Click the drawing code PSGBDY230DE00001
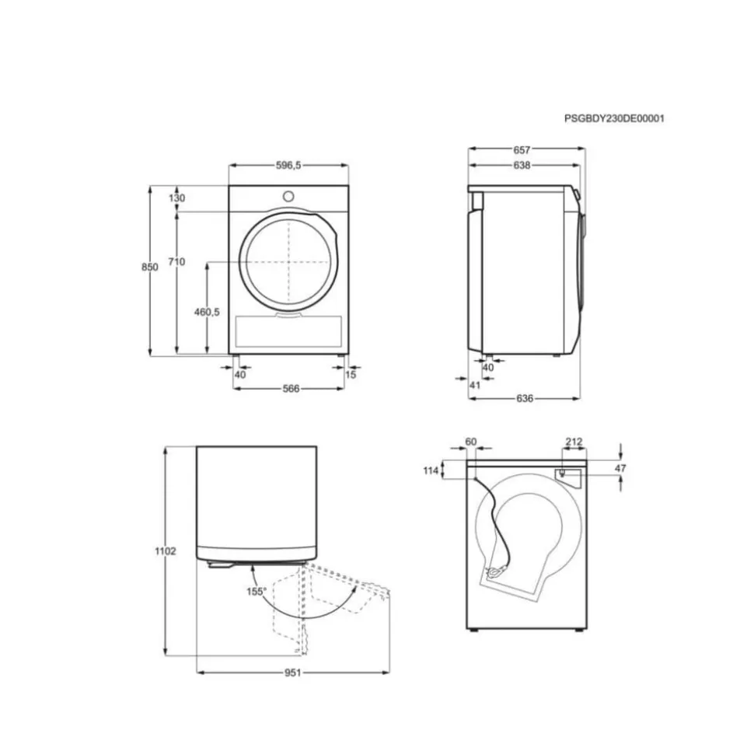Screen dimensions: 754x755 coord(614,118)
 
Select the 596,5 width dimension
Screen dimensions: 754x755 coord(288,165)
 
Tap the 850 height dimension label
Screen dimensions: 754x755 coord(150,267)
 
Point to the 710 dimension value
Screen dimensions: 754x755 coord(176,261)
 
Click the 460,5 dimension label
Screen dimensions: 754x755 coord(207,312)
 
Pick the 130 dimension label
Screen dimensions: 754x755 coord(176,198)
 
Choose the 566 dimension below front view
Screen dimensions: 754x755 coord(291,389)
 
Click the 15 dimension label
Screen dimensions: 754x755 coord(351,375)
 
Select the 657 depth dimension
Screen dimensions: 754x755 coord(522,150)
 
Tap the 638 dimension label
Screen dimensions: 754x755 coord(522,165)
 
